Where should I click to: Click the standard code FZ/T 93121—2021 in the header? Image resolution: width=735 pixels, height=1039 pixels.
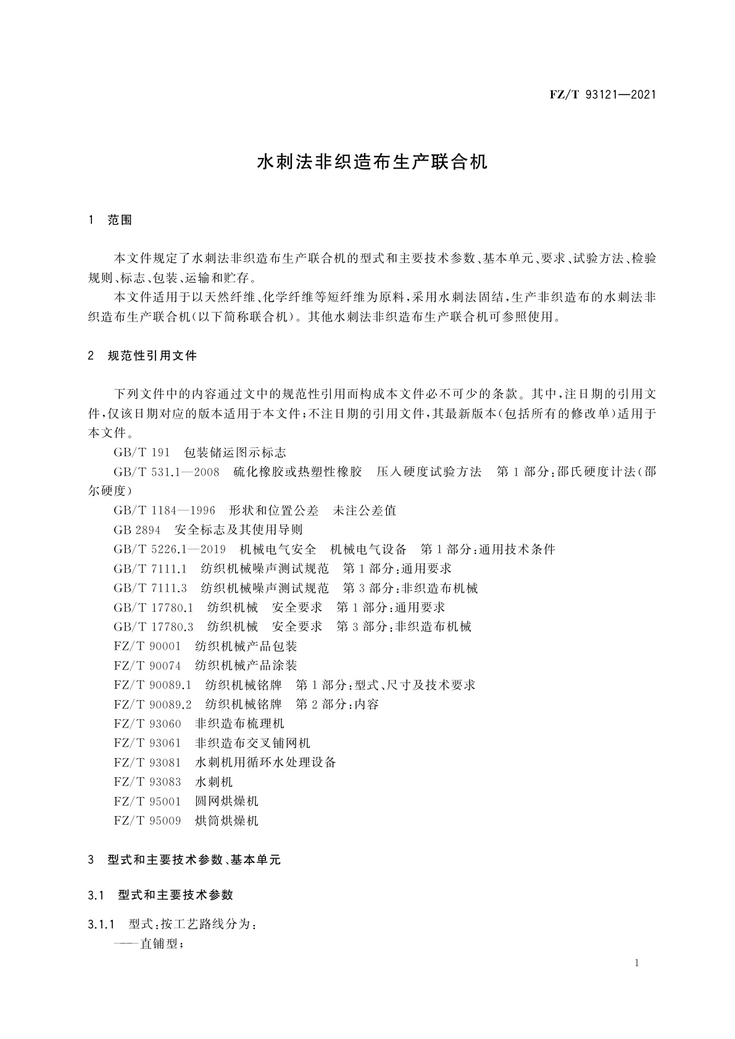[602, 95]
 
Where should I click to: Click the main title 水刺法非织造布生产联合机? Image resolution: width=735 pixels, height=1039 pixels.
[372, 162]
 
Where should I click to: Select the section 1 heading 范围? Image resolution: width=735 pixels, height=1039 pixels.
[120, 220]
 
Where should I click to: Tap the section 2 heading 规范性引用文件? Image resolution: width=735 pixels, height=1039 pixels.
[152, 356]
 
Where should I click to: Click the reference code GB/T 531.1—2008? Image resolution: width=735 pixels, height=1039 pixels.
[167, 473]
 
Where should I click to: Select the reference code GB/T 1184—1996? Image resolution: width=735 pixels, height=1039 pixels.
[164, 511]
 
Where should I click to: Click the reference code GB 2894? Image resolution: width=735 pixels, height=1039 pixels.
[137, 530]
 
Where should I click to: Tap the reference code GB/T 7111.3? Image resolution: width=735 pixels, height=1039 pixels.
[150, 588]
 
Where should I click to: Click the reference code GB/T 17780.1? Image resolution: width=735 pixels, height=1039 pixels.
[154, 608]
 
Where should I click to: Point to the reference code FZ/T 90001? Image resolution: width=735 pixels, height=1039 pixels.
[147, 647]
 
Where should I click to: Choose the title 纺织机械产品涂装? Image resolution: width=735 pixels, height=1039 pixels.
[246, 666]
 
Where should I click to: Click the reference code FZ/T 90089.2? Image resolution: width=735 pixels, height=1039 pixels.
[153, 705]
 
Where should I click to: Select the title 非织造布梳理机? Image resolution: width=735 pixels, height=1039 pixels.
[239, 724]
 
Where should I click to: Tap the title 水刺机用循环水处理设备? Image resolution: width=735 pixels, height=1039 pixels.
[265, 763]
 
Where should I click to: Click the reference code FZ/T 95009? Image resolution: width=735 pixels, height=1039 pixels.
[147, 821]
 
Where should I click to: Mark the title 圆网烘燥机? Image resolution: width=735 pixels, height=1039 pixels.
[226, 801]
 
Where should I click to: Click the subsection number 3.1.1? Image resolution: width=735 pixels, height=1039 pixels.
[102, 925]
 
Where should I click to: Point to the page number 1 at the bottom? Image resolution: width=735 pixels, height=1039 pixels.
[636, 964]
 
